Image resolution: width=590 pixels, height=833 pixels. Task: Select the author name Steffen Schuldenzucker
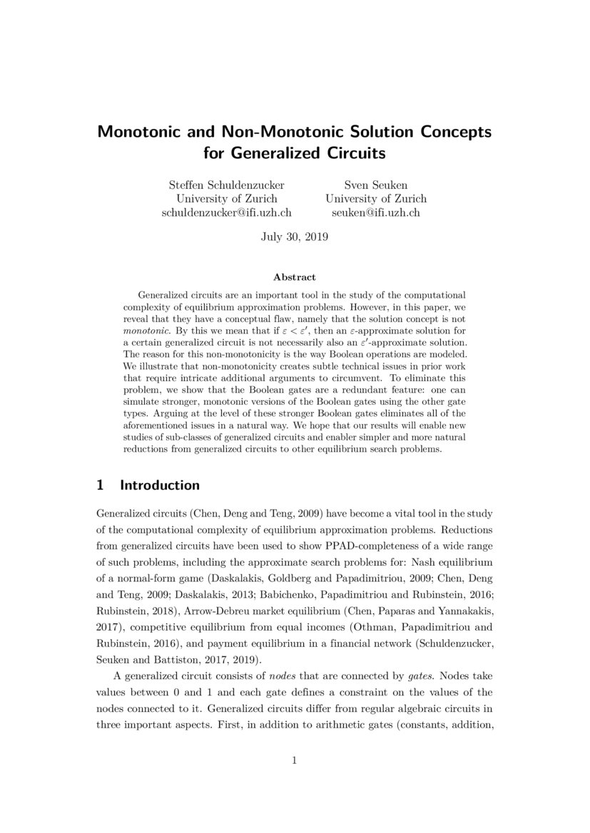point(226,184)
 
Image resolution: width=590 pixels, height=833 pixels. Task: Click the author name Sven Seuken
point(376,184)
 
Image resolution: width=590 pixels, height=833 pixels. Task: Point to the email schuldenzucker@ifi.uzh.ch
point(226,212)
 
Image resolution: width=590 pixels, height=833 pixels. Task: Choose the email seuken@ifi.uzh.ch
point(376,212)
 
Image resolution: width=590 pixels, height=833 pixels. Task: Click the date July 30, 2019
point(295,237)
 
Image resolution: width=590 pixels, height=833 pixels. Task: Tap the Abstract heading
point(295,277)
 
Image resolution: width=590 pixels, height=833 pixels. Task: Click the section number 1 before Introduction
point(101,485)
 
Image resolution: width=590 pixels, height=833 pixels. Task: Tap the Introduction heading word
point(160,485)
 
